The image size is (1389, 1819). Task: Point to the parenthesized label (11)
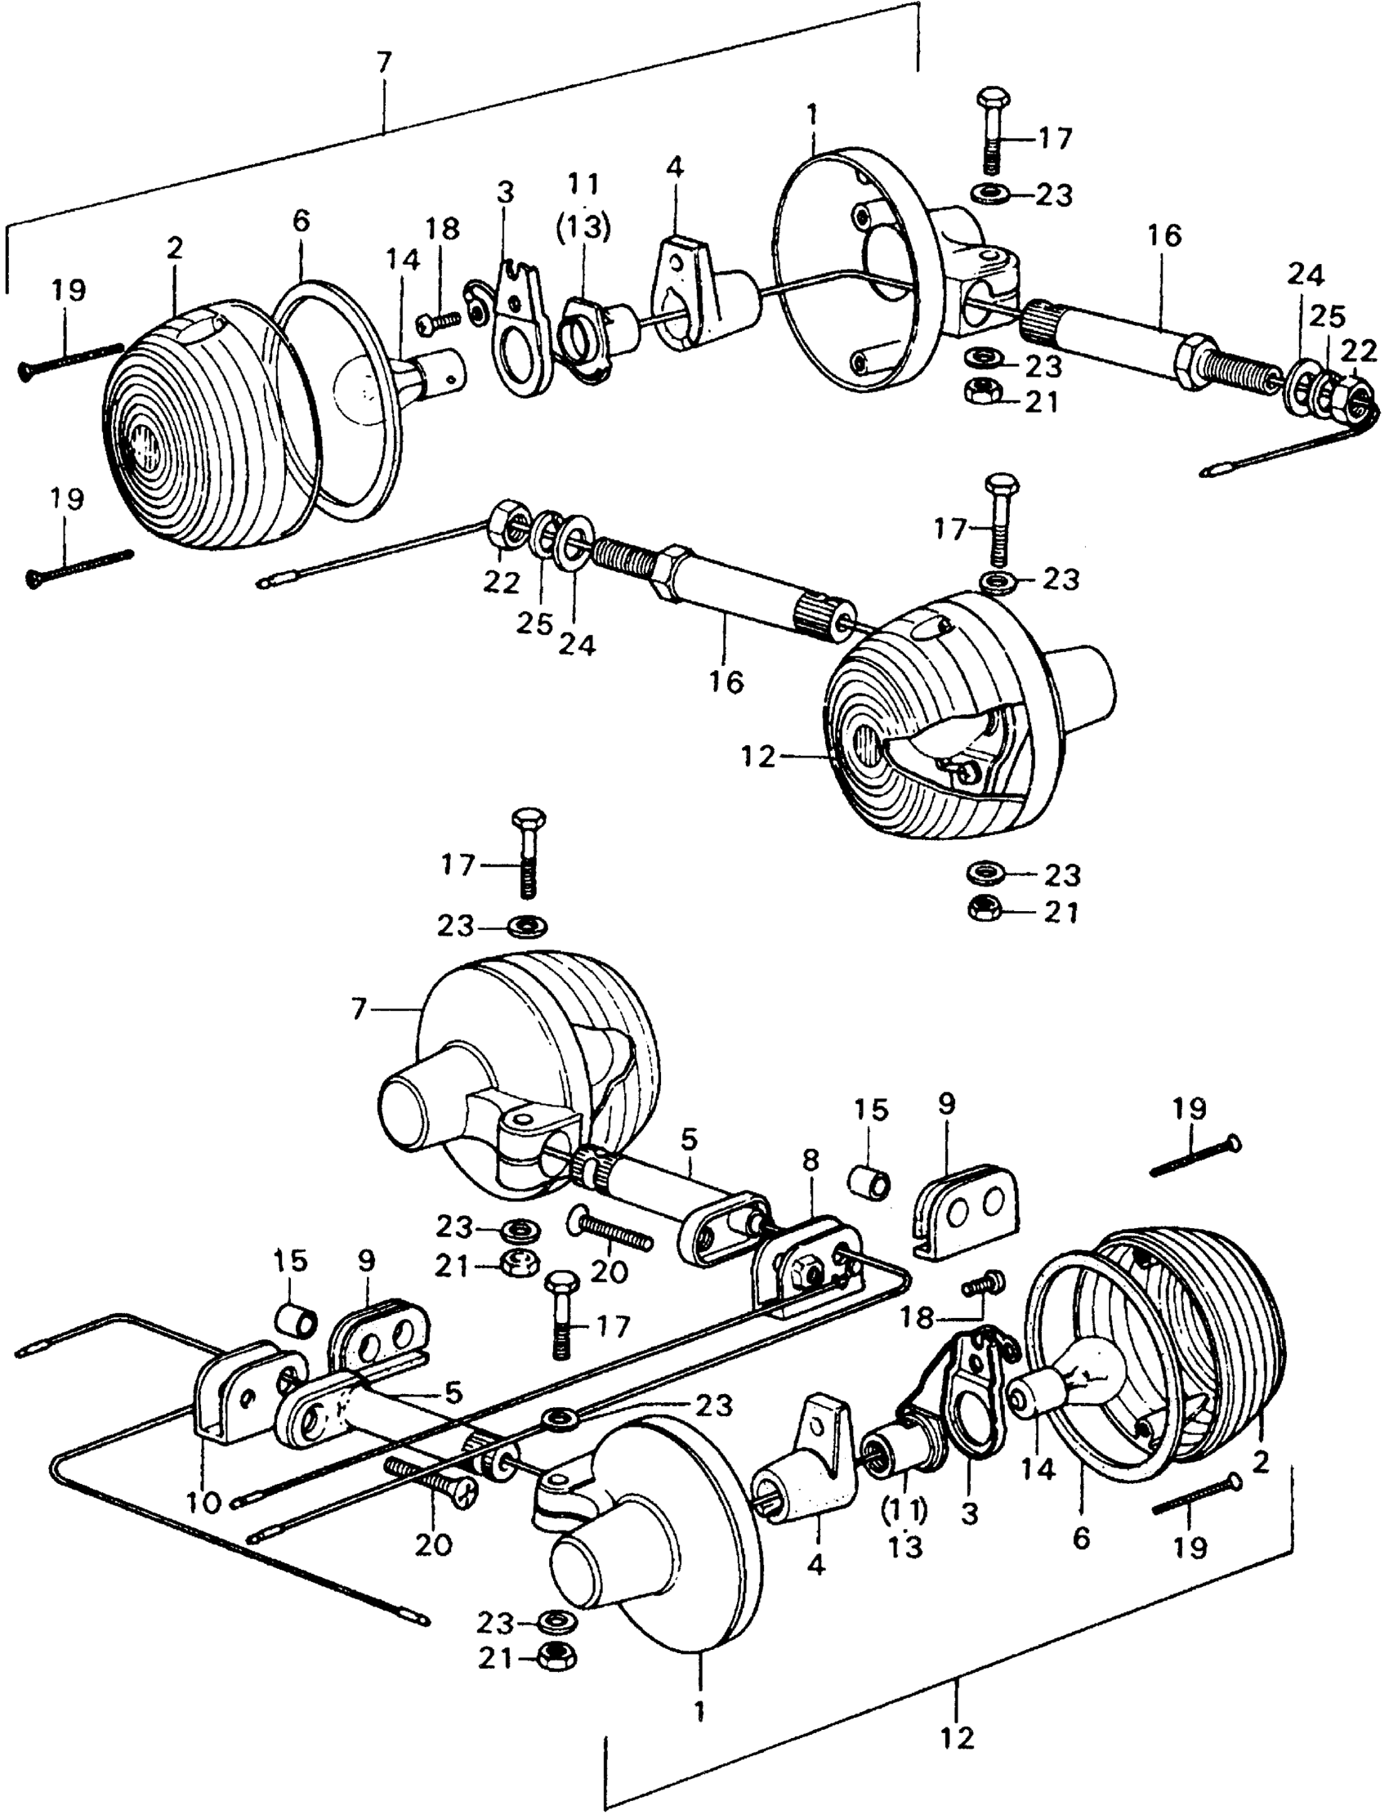(x=906, y=1512)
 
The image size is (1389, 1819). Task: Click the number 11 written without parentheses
(x=583, y=184)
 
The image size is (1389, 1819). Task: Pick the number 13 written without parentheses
(x=906, y=1548)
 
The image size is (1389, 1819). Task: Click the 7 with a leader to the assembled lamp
(x=358, y=1009)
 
